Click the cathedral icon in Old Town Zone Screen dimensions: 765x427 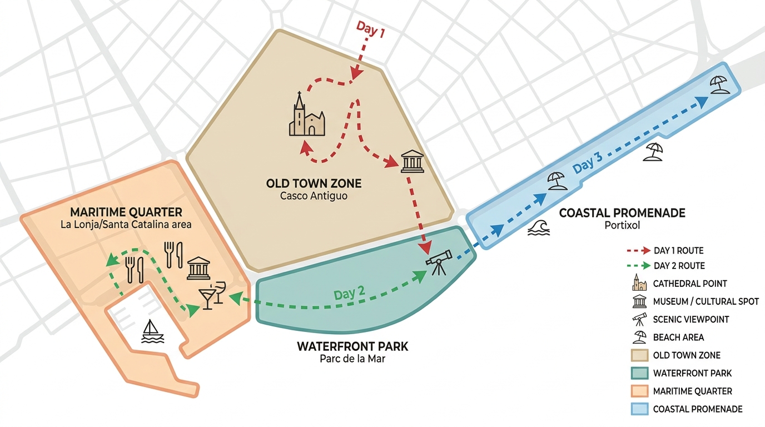coord(307,114)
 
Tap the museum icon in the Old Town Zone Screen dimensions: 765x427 coord(413,161)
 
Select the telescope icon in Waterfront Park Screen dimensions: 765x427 coord(439,262)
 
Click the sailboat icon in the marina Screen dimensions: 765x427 coord(153,331)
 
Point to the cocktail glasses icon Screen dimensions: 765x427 coord(212,295)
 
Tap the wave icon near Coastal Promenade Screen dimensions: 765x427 coord(539,228)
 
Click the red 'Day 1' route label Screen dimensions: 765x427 coord(370,29)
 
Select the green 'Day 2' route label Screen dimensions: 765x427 coord(349,294)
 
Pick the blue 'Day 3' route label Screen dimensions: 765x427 coord(587,163)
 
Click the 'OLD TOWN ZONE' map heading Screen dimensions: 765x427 coord(314,183)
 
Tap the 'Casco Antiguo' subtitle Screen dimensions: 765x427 coord(314,196)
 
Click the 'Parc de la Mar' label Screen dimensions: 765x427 coord(352,359)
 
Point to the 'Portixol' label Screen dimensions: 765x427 coord(622,226)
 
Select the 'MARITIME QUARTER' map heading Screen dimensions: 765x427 coord(126,212)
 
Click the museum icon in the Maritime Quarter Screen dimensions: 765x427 coord(198,268)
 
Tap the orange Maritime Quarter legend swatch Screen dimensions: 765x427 coord(640,391)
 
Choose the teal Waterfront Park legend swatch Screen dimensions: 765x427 coord(640,373)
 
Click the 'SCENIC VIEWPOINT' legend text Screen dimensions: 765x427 coord(691,319)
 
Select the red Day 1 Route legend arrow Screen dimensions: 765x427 coord(638,251)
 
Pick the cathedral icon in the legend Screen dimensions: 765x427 coord(639,282)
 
